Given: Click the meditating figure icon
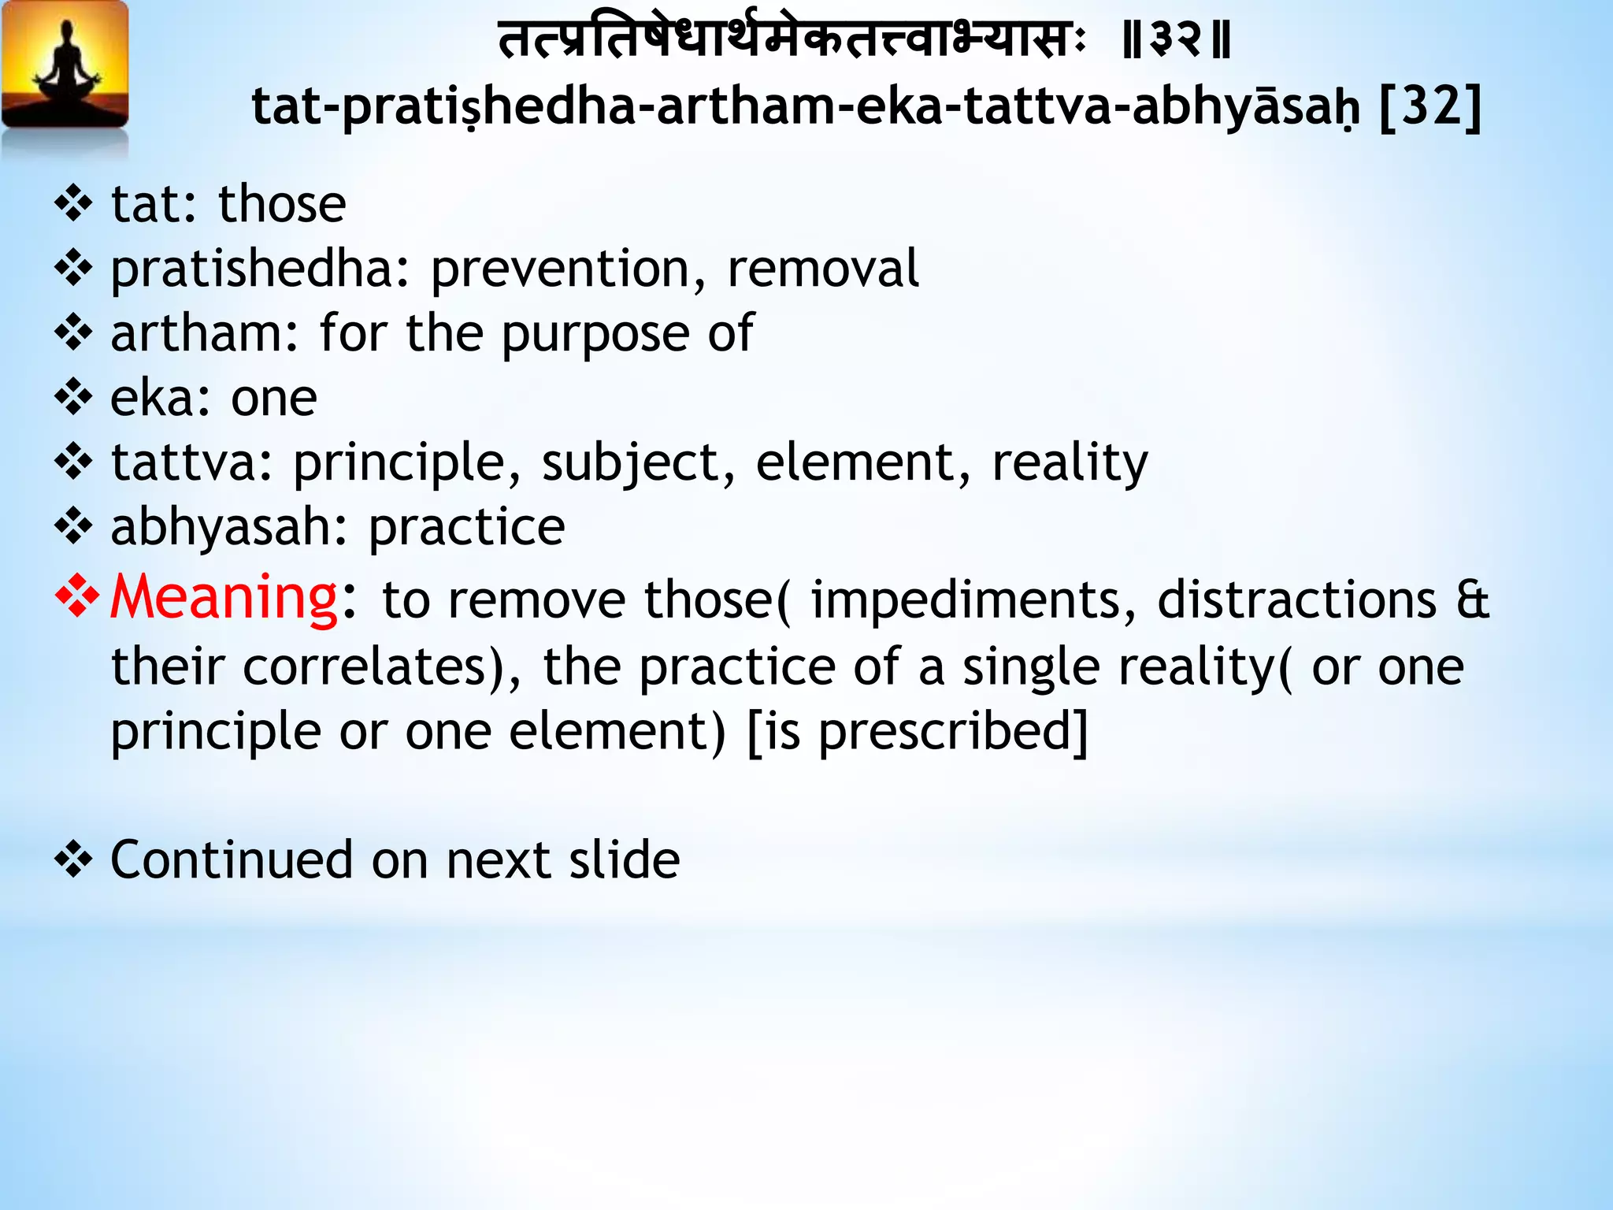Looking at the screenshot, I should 66,66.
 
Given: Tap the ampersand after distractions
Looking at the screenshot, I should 1472,600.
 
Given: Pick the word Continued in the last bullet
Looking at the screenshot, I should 232,859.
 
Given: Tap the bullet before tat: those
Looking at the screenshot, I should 74,204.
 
